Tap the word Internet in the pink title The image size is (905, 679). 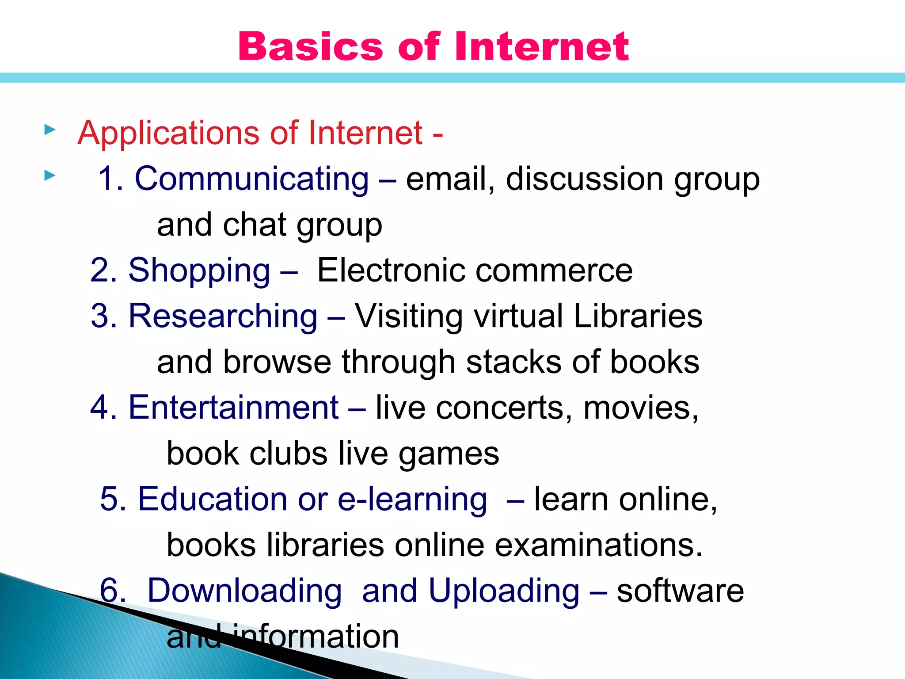542,46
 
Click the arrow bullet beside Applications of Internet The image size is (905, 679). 50,130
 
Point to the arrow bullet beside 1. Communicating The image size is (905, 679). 50,176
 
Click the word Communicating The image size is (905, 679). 251,179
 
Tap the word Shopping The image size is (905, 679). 199,271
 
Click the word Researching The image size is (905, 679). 223,316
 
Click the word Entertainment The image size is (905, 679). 233,408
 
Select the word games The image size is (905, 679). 449,454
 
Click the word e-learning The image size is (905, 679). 412,500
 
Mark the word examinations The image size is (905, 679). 598,545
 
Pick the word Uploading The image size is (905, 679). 504,591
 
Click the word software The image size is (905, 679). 680,591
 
